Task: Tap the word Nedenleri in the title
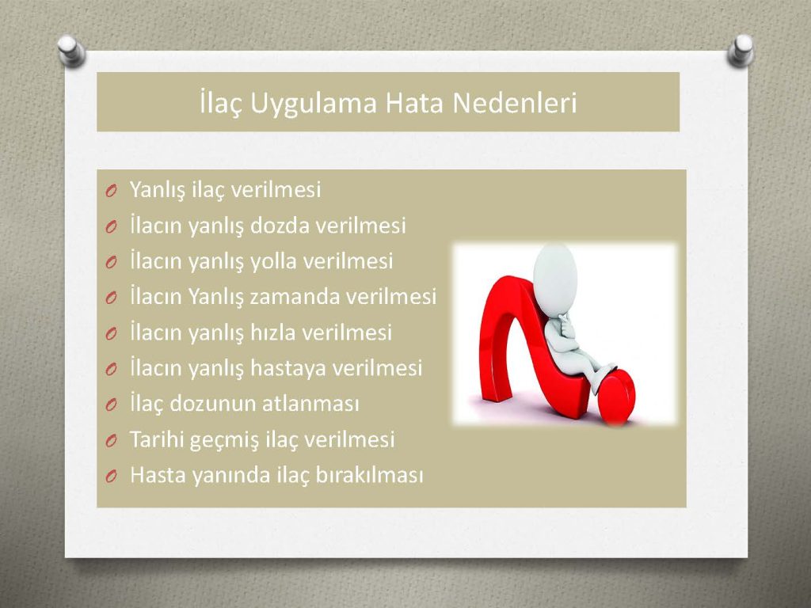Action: point(515,102)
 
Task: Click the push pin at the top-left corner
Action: point(70,51)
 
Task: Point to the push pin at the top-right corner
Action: point(741,50)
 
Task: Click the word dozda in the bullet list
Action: point(280,226)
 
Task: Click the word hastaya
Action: point(287,368)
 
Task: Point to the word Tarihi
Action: point(156,439)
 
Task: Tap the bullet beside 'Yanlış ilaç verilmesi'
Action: point(111,192)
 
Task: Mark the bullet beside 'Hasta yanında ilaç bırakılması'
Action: point(111,477)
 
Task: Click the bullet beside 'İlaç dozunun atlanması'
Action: point(111,405)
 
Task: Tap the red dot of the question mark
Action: point(616,396)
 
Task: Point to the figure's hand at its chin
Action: point(565,324)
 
